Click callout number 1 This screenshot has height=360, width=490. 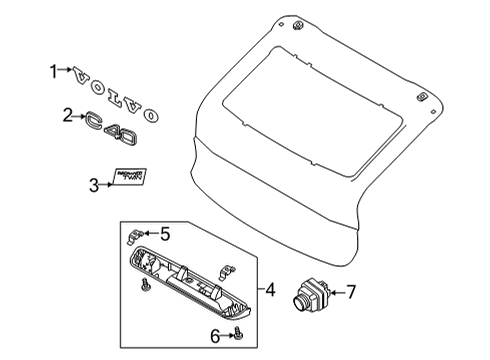(54, 70)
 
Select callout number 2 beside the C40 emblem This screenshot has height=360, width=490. (67, 116)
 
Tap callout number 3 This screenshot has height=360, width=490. (93, 184)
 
